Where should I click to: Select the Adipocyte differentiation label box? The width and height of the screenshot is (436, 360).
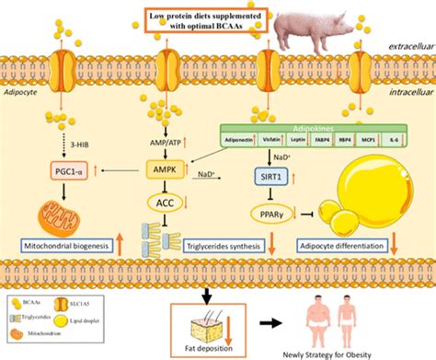tap(340, 247)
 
